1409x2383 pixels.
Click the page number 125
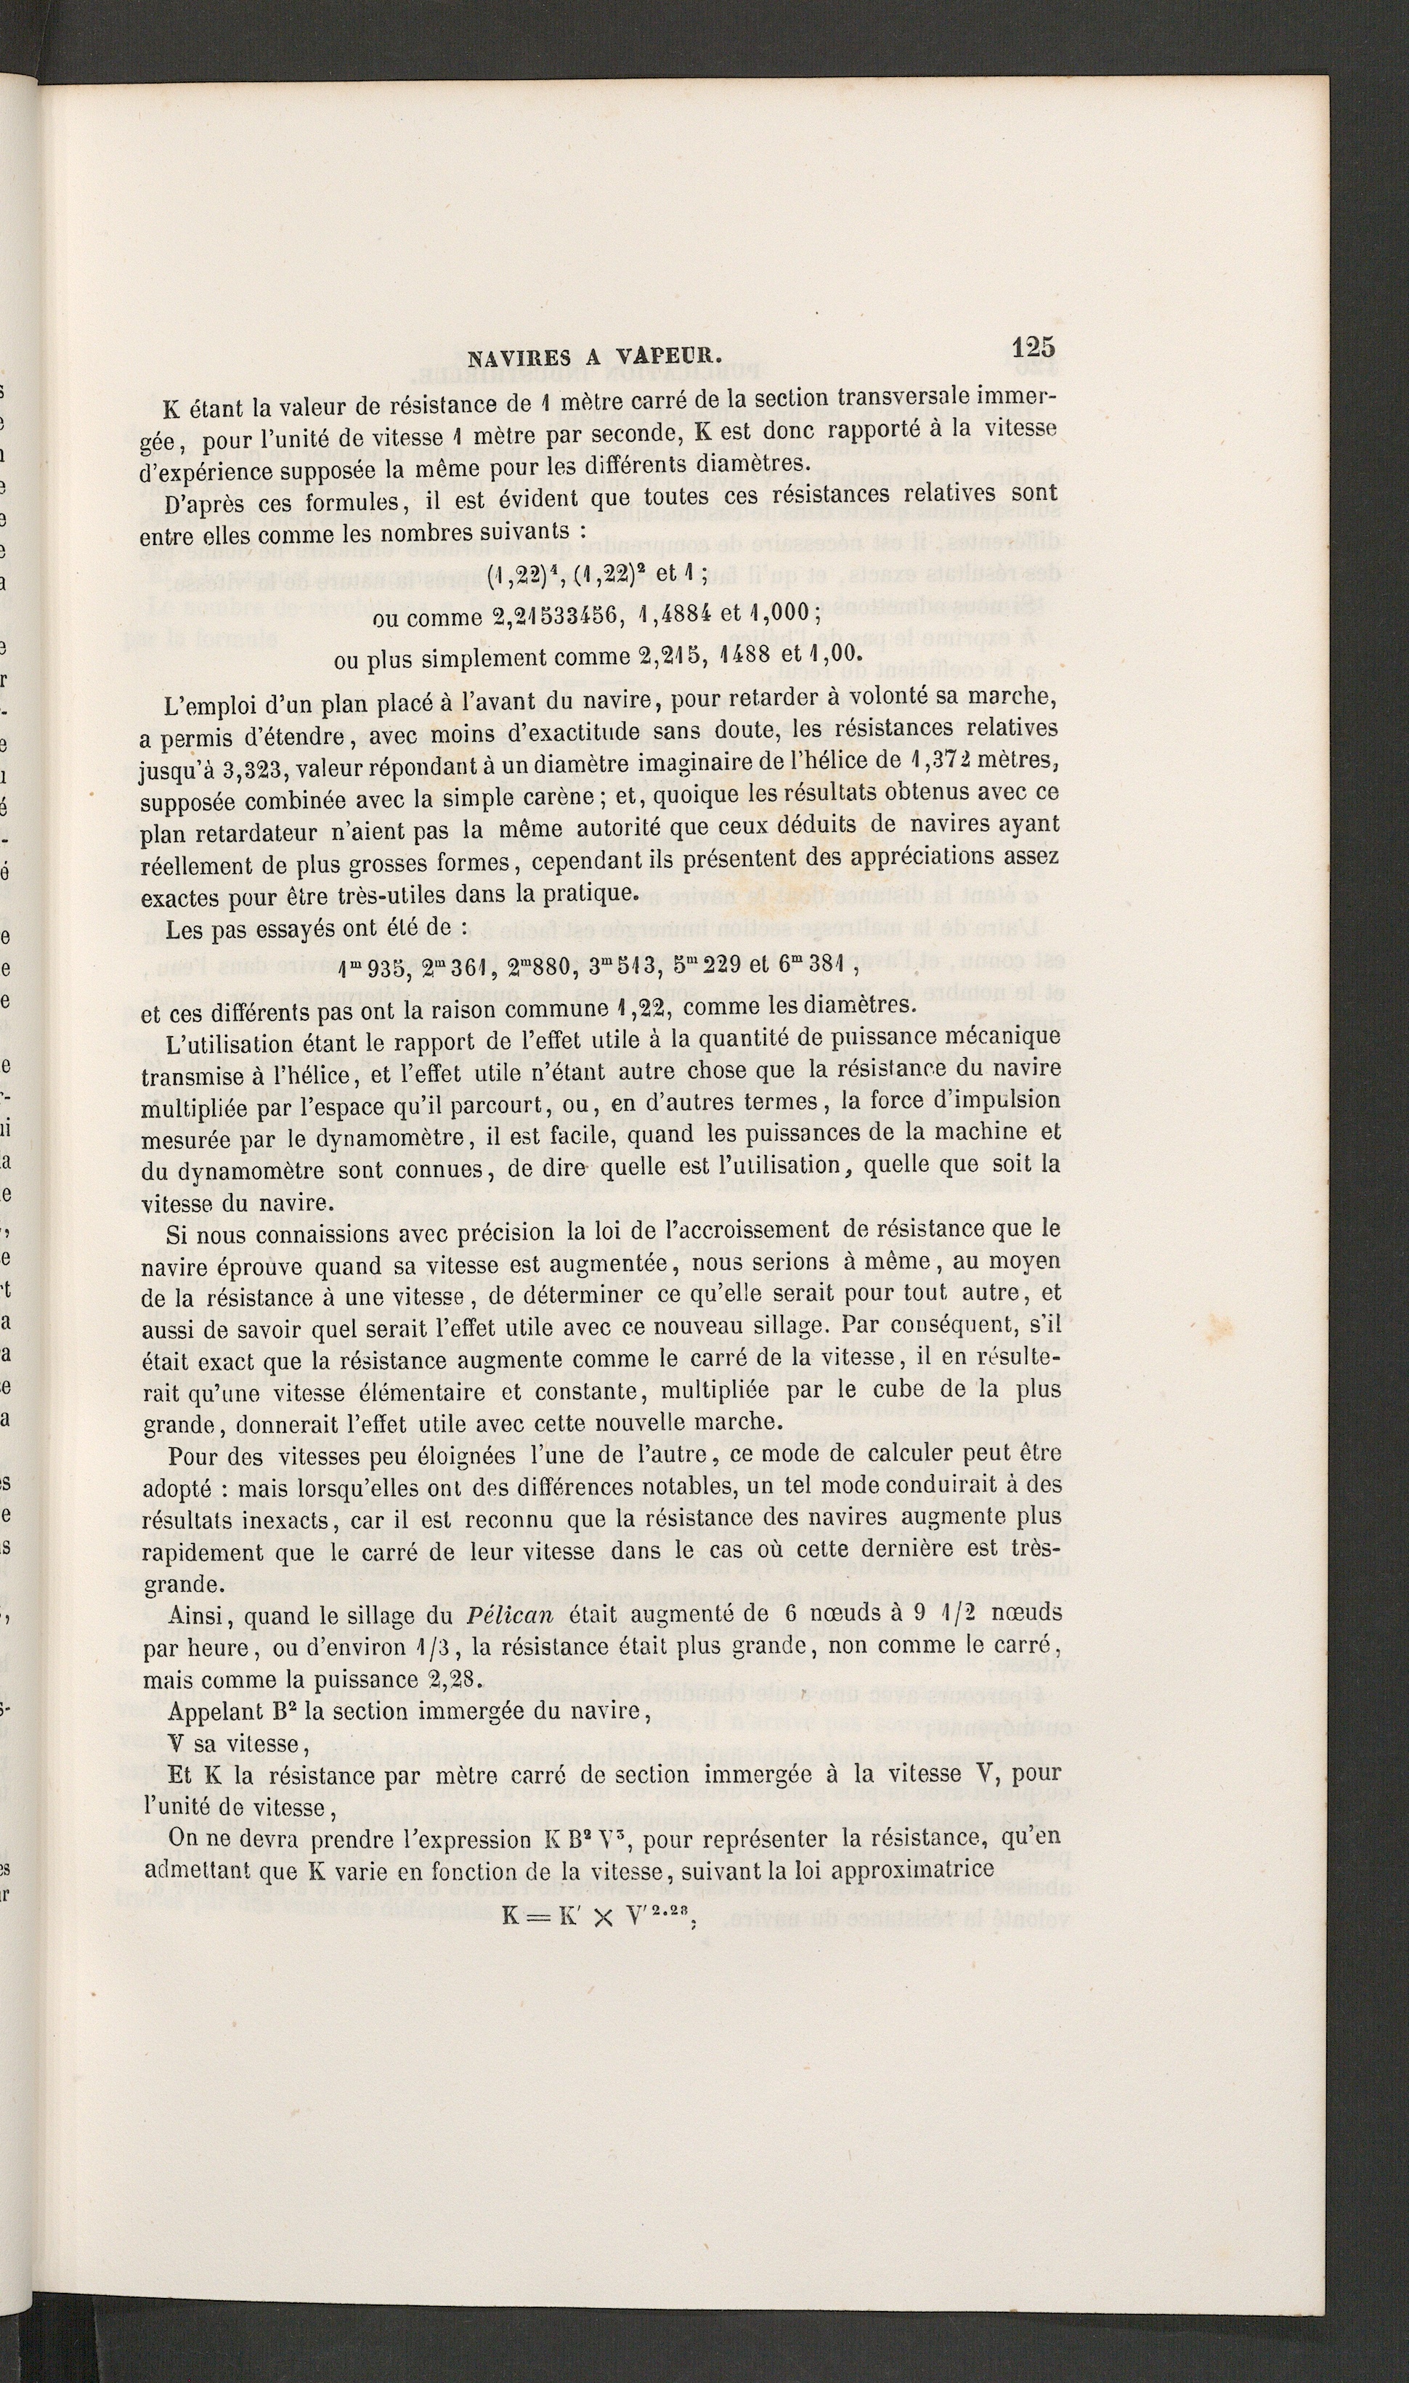pos(1033,347)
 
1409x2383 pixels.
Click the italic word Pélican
pos(516,1617)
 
